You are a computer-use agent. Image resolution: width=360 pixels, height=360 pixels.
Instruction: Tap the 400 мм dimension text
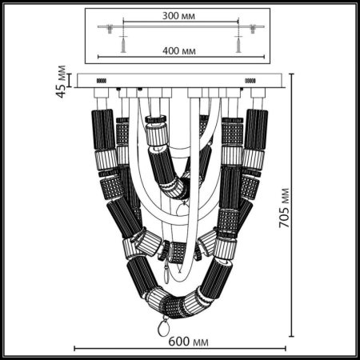[x=180, y=50]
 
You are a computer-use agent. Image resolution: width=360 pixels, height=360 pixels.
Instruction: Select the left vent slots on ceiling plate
[x=102, y=81]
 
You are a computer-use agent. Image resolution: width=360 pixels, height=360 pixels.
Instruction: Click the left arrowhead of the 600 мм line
[x=76, y=348]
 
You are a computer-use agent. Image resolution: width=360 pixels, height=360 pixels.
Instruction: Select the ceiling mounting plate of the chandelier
[x=180, y=81]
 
